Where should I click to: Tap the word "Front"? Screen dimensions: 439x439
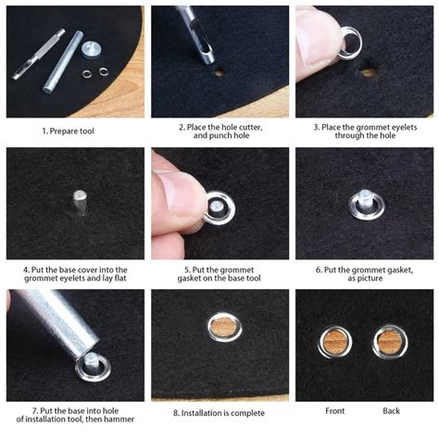pos(335,410)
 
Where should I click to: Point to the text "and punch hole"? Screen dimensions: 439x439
pos(219,136)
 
